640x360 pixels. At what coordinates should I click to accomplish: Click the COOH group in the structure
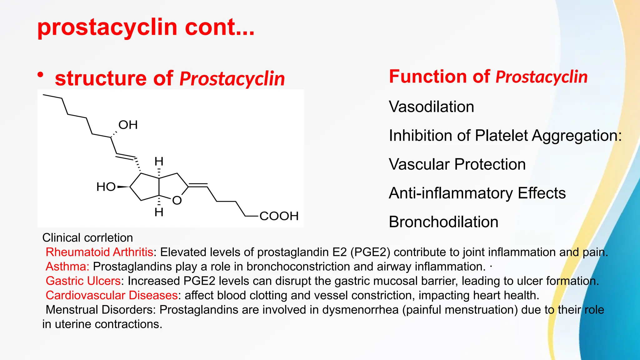(279, 216)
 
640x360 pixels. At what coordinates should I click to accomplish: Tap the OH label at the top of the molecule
(128, 125)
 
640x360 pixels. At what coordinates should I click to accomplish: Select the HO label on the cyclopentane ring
(106, 187)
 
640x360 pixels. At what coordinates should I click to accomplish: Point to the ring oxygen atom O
(177, 200)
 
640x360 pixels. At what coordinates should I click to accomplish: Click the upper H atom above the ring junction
(159, 162)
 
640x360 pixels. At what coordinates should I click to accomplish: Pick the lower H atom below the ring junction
(159, 212)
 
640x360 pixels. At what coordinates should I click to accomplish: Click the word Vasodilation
(431, 107)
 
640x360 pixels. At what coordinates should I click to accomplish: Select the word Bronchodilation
(443, 222)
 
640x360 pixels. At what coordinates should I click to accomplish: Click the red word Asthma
(67, 267)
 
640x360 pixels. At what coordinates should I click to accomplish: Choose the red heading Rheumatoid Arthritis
(99, 252)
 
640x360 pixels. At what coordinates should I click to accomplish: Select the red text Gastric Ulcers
(83, 281)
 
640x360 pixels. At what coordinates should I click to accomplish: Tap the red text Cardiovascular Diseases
(112, 295)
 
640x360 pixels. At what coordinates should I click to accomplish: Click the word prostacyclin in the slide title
(107, 27)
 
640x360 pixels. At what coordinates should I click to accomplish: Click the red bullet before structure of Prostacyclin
(40, 75)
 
